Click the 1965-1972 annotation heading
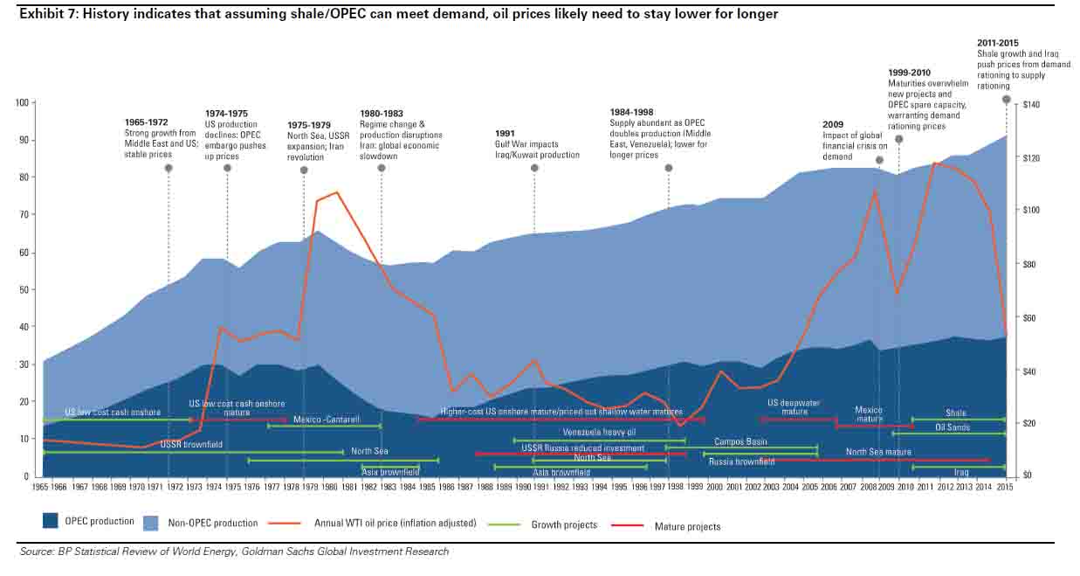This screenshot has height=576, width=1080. point(147,122)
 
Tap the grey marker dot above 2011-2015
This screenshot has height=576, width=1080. point(1006,100)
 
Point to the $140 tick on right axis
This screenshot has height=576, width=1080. point(1022,105)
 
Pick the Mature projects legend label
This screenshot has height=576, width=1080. point(687,526)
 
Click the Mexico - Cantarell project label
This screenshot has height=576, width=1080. point(327,420)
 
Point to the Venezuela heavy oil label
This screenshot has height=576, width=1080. point(599,433)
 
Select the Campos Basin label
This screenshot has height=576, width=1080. point(740,442)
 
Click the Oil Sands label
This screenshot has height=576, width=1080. point(953,427)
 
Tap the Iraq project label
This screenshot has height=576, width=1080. point(961,472)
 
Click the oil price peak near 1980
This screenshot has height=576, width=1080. point(337,192)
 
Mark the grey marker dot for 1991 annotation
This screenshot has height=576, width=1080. point(534,168)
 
